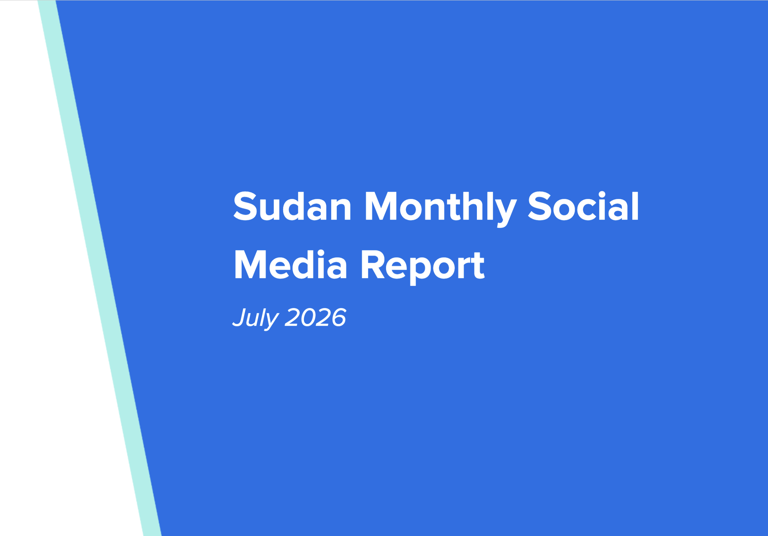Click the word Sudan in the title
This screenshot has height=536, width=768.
tap(292, 206)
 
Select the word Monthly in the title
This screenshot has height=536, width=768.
tap(441, 209)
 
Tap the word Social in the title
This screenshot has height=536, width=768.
tap(583, 206)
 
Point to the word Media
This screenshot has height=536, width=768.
tap(290, 265)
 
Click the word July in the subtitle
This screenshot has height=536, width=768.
tap(255, 318)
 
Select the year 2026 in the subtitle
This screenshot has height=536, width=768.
tap(315, 317)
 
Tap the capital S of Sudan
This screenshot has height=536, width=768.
tap(245, 206)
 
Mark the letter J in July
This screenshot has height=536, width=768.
tap(241, 317)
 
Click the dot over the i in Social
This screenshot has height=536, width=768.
tap(602, 194)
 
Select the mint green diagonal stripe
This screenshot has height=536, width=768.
tap(99, 268)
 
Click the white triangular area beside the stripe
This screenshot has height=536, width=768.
tap(45, 311)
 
